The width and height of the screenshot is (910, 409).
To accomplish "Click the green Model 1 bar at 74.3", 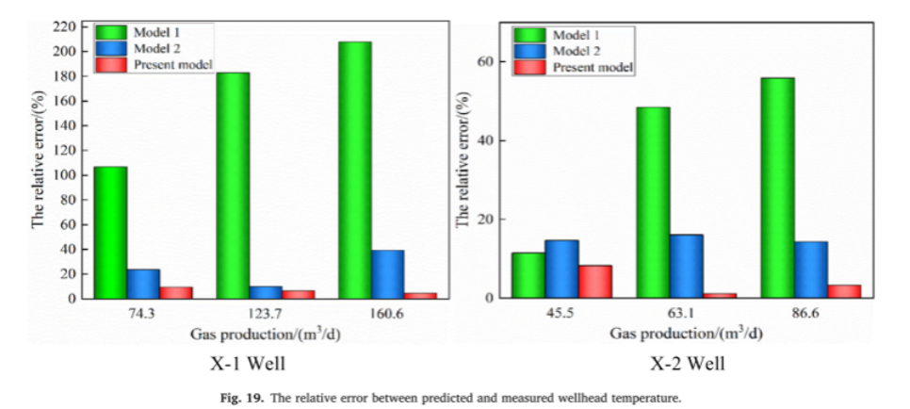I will tap(110, 232).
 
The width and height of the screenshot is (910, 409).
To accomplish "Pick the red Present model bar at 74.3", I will tap(176, 293).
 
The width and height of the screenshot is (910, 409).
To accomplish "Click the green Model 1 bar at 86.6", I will tap(777, 188).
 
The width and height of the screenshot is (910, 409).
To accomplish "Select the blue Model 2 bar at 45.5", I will tap(561, 269).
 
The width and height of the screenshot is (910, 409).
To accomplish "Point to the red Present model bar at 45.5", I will tap(595, 282).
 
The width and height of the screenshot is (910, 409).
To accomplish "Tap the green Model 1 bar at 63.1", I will tap(653, 203).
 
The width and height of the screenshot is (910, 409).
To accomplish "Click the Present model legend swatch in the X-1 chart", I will tap(106, 65).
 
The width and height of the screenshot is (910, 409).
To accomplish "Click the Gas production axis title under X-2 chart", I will tap(686, 334).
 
